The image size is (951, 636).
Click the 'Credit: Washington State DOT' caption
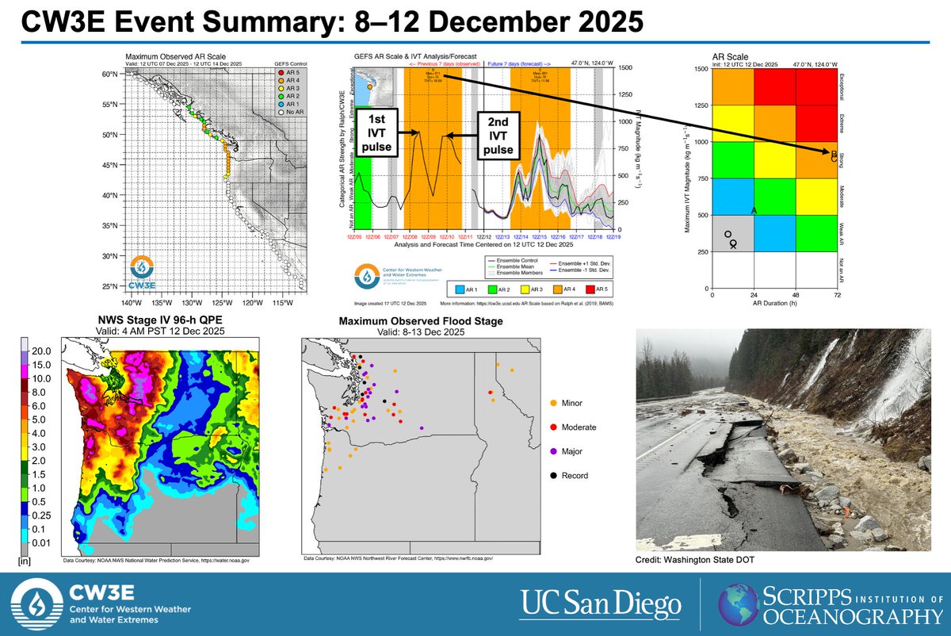tap(693, 561)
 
